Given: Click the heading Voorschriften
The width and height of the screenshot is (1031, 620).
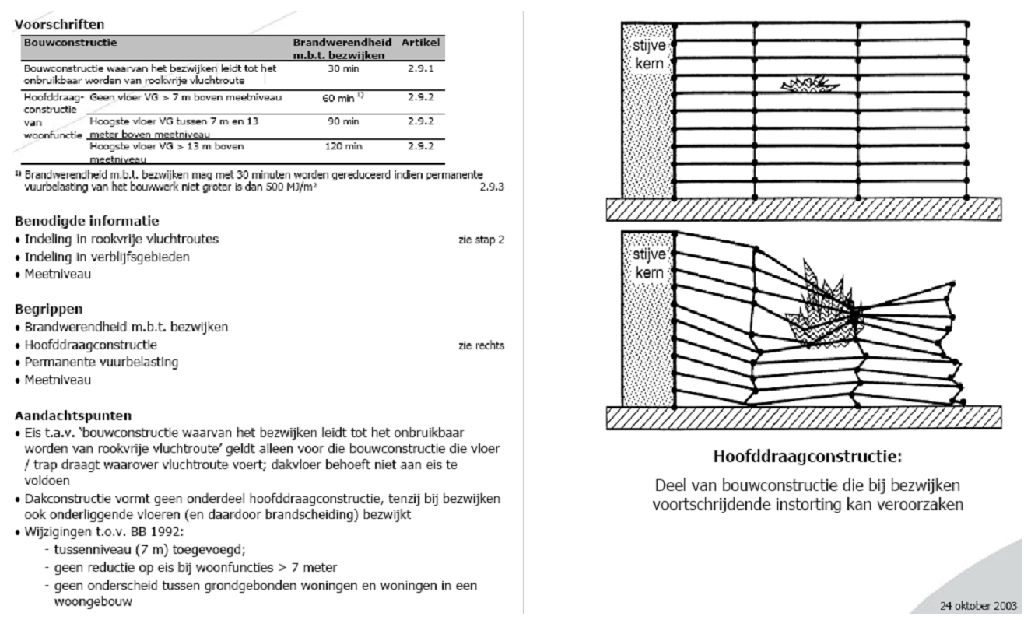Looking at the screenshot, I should tap(60, 24).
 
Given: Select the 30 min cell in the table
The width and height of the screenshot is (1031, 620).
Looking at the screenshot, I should tap(340, 69).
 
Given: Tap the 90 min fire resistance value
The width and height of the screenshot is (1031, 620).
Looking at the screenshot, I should tap(340, 121).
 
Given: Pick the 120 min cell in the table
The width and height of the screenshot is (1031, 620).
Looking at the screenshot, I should tap(340, 145).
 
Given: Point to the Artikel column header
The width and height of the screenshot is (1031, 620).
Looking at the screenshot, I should tap(422, 39).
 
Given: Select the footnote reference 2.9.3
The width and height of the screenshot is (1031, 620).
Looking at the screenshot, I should tap(493, 187).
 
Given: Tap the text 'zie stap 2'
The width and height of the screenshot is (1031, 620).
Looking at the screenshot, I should tap(482, 240).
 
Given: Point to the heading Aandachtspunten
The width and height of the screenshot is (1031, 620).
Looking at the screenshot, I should tap(70, 415).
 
